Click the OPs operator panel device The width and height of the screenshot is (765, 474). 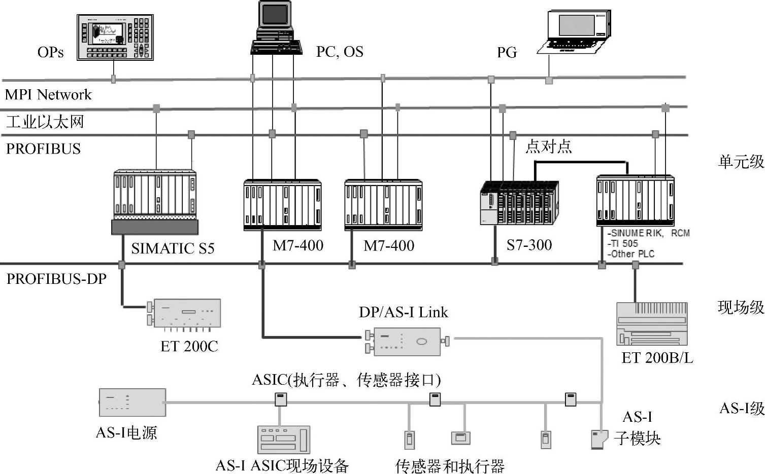(x=115, y=38)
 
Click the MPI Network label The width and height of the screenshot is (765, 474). (x=48, y=95)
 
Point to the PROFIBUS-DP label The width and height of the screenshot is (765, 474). (x=56, y=279)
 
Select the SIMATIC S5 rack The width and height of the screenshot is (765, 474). (x=155, y=201)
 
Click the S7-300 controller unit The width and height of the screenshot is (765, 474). (x=519, y=203)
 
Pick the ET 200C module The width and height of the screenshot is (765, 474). (x=186, y=313)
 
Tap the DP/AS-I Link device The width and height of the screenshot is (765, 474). (x=406, y=341)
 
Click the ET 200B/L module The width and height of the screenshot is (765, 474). (x=652, y=324)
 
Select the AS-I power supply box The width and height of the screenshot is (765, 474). (x=132, y=403)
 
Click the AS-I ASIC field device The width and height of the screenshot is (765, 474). (x=284, y=439)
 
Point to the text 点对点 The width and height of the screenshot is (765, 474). (x=548, y=147)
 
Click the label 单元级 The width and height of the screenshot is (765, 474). (x=741, y=162)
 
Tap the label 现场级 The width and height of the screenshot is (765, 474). (x=741, y=307)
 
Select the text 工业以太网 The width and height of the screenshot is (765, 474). (x=45, y=122)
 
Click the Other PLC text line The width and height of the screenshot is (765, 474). (x=631, y=254)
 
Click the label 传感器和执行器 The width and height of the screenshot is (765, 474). (x=450, y=466)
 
